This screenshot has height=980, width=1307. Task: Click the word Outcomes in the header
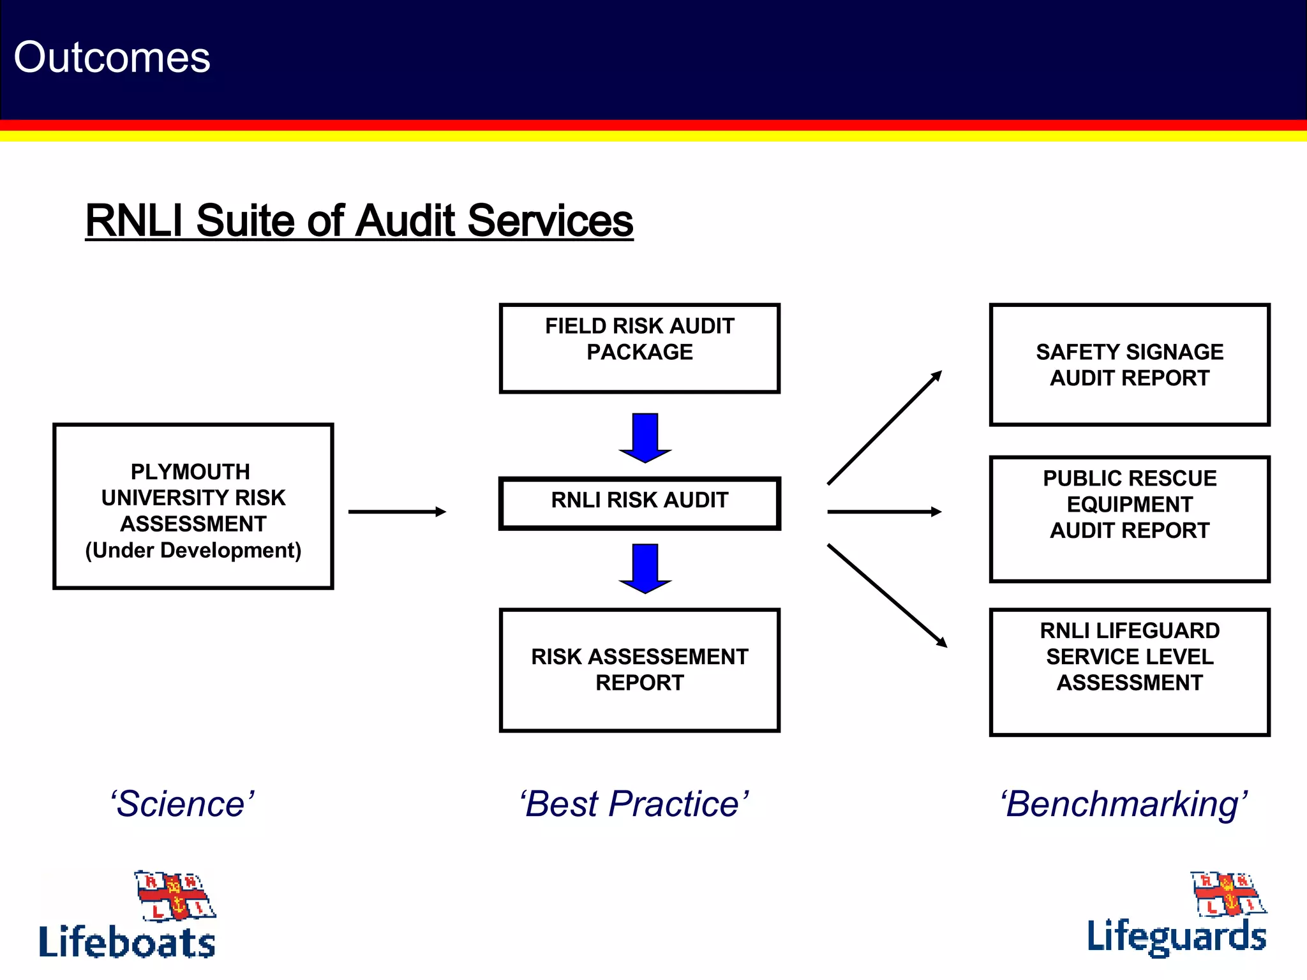click(x=112, y=57)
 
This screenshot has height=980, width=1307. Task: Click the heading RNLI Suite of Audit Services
click(x=359, y=221)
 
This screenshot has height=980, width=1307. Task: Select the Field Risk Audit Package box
click(x=639, y=348)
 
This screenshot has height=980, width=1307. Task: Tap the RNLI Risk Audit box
click(x=639, y=503)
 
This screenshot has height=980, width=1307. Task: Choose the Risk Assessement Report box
click(x=639, y=670)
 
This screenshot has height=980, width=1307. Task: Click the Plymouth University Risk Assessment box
click(x=193, y=506)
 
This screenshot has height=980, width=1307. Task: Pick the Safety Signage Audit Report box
click(x=1129, y=365)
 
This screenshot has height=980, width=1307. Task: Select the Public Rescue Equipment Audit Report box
click(x=1129, y=518)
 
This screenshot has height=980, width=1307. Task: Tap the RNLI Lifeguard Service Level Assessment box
click(x=1129, y=671)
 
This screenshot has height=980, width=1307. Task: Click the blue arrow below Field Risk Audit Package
click(x=645, y=438)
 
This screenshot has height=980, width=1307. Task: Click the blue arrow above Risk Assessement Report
click(x=645, y=568)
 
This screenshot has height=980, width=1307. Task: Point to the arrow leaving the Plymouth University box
click(x=396, y=512)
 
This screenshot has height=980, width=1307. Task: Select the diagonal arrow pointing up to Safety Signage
click(x=884, y=428)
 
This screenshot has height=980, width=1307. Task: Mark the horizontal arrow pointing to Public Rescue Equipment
click(x=884, y=512)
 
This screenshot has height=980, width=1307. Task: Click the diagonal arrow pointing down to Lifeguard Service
click(x=886, y=595)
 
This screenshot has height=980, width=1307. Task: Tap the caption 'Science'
click(x=182, y=803)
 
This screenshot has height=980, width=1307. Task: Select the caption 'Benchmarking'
click(x=1123, y=803)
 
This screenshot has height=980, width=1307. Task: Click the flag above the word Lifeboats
click(x=175, y=895)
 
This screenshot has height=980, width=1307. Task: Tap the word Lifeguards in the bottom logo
click(x=1176, y=937)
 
